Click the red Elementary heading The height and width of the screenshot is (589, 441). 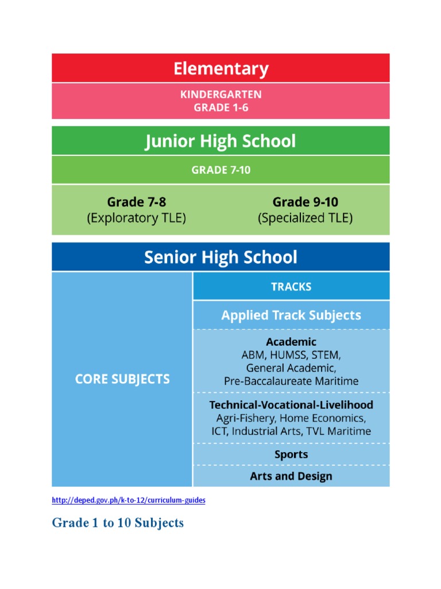pyautogui.click(x=221, y=69)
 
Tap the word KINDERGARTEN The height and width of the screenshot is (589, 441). pyautogui.click(x=221, y=94)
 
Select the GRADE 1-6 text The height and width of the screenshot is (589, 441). pyautogui.click(x=221, y=108)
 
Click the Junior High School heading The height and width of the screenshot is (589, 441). pyautogui.click(x=220, y=141)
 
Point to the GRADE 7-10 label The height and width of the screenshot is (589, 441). pyautogui.click(x=221, y=170)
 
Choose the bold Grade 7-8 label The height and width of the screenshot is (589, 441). pyautogui.click(x=136, y=202)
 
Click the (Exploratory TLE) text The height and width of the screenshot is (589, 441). pyautogui.click(x=136, y=218)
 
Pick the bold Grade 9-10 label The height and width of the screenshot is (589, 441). pyautogui.click(x=305, y=202)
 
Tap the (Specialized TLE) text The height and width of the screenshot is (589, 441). pyautogui.click(x=305, y=218)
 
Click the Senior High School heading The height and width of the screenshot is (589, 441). pyautogui.click(x=220, y=257)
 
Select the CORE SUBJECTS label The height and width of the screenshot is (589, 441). pyautogui.click(x=122, y=380)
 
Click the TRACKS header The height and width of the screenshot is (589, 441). pyautogui.click(x=291, y=286)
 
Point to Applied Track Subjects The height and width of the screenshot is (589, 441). pyautogui.click(x=291, y=315)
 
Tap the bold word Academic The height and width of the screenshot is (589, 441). pyautogui.click(x=291, y=342)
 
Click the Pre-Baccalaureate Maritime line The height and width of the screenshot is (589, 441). pyautogui.click(x=291, y=381)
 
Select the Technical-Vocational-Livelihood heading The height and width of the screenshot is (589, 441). pyautogui.click(x=291, y=405)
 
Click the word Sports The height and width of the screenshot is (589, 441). pyautogui.click(x=291, y=454)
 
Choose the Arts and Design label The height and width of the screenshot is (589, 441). pyautogui.click(x=291, y=476)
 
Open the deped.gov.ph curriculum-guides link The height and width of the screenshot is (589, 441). pyautogui.click(x=129, y=500)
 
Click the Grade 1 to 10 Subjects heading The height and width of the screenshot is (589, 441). pyautogui.click(x=118, y=523)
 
